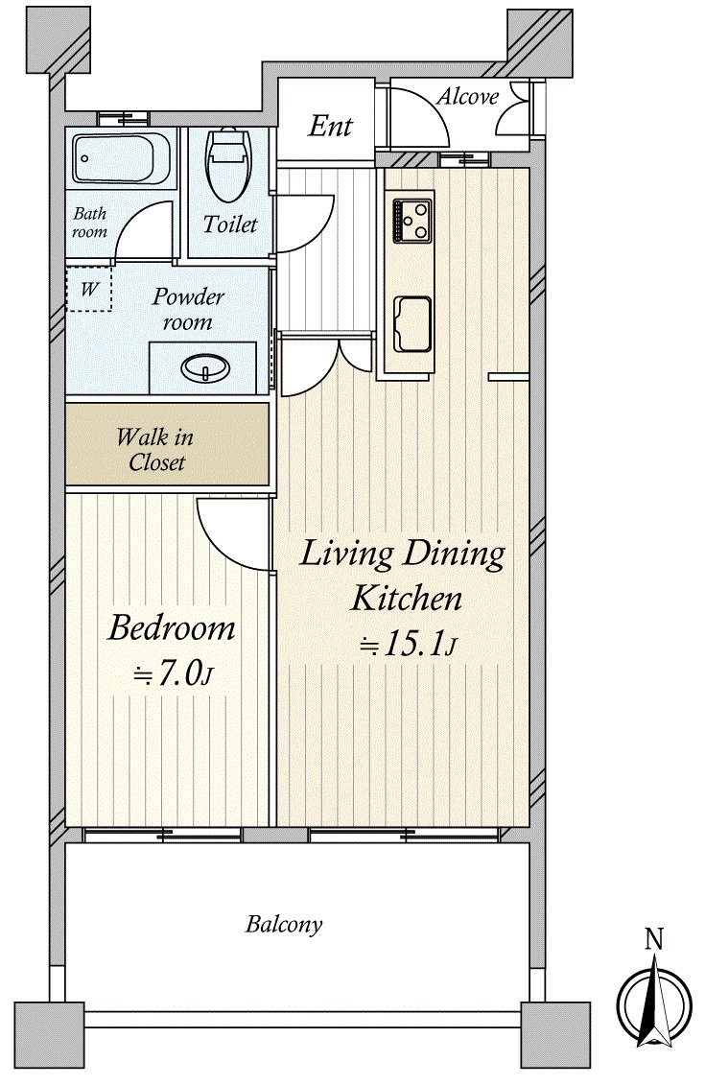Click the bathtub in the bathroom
122,158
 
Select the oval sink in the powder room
205,367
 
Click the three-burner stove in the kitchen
412,221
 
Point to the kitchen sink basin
412,324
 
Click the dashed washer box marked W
88,289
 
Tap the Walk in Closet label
155,449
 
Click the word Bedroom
172,627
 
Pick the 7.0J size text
173,673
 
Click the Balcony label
284,925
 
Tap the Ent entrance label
330,126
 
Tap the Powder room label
188,309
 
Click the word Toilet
230,224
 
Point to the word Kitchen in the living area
406,598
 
